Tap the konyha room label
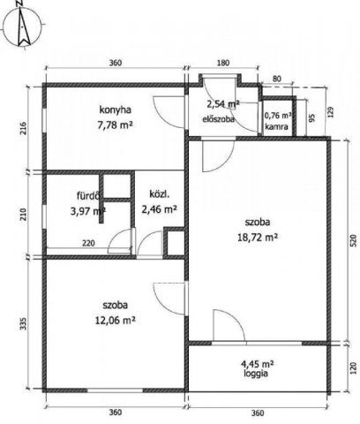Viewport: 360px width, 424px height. (115, 110)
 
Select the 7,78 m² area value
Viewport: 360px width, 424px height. (115, 125)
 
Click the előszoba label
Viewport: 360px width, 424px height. (219, 119)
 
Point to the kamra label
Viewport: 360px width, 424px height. (276, 127)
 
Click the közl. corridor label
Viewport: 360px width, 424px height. (160, 194)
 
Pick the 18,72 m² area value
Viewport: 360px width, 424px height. (258, 237)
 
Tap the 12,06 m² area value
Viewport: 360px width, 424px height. (115, 320)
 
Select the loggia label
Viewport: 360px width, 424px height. (256, 374)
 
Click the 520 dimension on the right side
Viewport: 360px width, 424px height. (353, 240)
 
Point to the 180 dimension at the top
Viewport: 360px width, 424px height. (223, 63)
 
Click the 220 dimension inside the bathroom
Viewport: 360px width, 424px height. (88, 243)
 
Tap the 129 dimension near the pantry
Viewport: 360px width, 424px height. (331, 112)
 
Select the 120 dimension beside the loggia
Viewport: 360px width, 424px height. (353, 368)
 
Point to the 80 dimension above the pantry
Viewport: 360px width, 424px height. (277, 79)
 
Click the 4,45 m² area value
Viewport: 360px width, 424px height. (258, 364)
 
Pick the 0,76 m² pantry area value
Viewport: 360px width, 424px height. (278, 116)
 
